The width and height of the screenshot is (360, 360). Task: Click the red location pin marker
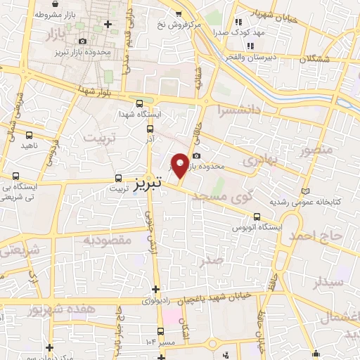[x=180, y=165]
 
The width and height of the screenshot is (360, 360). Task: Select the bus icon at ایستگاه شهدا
[x=139, y=103]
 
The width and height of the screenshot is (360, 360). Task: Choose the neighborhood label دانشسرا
[x=238, y=110]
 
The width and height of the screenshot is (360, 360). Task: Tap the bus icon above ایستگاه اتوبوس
[x=257, y=217]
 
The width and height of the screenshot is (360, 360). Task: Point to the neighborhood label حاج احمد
[x=323, y=236]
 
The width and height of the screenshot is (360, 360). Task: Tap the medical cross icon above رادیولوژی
[x=155, y=289]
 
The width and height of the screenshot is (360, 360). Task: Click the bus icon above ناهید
[x=30, y=134]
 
